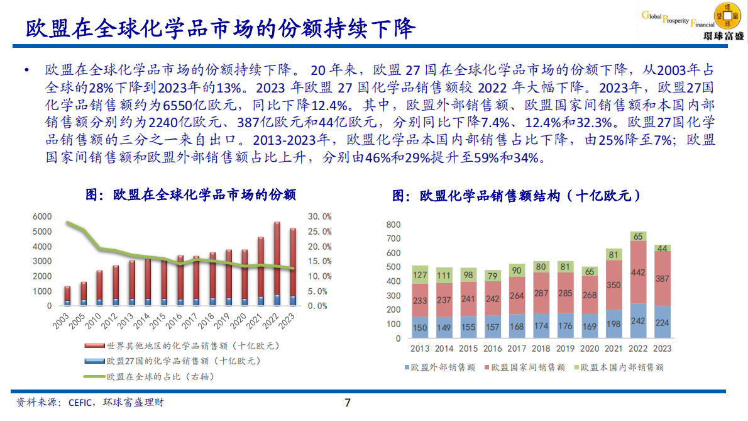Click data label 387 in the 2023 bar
click(663, 278)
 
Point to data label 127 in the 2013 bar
click(420, 274)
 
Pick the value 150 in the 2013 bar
click(420, 327)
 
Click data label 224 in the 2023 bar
click(663, 323)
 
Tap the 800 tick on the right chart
click(393, 225)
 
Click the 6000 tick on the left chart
click(42, 216)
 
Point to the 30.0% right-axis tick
click(319, 216)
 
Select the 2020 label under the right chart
click(589, 349)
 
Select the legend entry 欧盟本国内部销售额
click(622, 367)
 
